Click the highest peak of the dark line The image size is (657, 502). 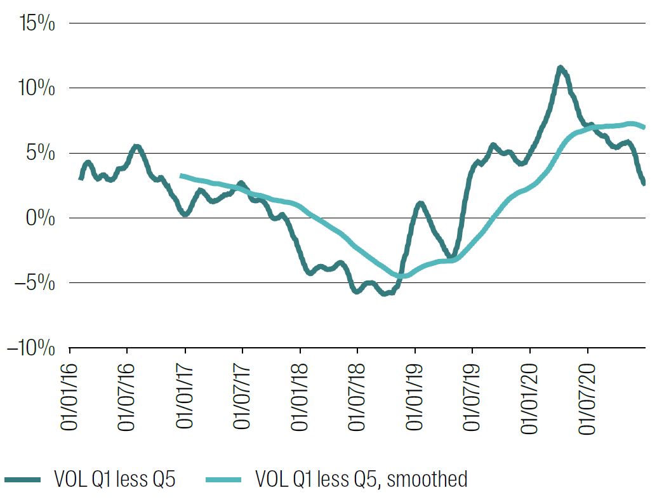tap(560, 68)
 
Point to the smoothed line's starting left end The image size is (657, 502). tap(182, 176)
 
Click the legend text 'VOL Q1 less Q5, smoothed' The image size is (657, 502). tap(361, 479)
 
